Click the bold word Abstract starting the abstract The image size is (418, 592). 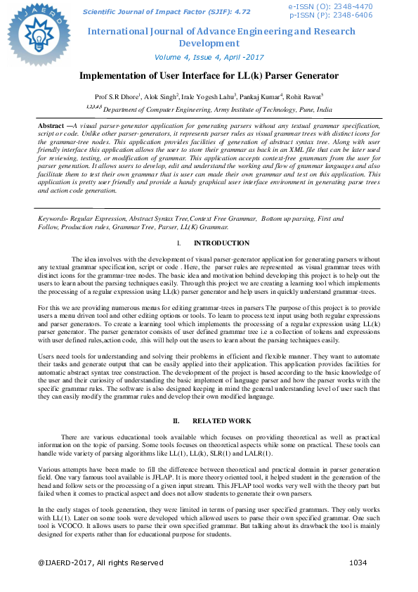click(51, 124)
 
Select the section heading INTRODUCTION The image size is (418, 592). click(221, 243)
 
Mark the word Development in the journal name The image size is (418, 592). click(209, 43)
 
